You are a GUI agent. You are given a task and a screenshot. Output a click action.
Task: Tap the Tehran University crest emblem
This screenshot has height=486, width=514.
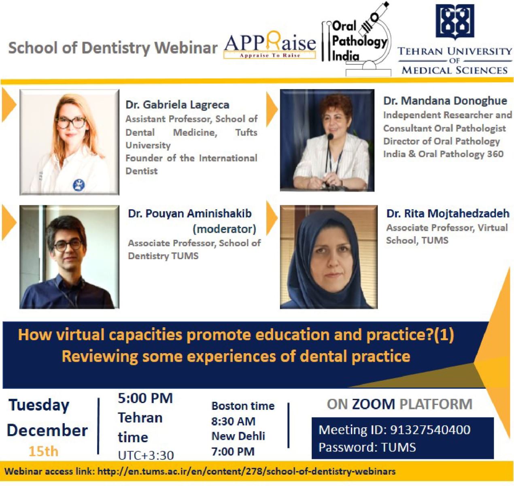click(455, 22)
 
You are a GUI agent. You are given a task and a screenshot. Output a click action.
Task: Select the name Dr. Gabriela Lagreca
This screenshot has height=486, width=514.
click(178, 105)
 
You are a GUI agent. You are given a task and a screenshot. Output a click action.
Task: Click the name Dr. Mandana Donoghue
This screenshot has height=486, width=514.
click(445, 101)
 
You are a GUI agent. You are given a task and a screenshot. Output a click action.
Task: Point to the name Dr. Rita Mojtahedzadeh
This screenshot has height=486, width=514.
click(448, 213)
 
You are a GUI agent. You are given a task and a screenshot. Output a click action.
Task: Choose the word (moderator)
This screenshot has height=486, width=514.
click(224, 229)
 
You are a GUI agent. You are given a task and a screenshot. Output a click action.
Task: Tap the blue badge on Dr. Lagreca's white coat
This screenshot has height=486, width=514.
click(79, 185)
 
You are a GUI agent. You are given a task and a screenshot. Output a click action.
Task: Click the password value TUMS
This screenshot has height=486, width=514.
click(399, 448)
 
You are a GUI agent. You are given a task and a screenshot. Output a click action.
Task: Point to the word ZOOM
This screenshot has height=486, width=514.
click(374, 404)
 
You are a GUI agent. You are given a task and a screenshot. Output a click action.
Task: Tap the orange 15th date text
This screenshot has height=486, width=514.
click(43, 451)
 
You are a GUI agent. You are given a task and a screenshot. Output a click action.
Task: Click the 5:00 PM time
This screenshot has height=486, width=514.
click(145, 398)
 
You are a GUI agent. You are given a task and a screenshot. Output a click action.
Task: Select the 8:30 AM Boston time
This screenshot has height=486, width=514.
click(233, 421)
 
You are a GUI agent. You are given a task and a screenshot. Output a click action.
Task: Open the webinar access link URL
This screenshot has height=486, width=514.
click(246, 471)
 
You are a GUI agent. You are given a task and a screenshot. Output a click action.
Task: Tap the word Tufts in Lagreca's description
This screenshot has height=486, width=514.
click(246, 132)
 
